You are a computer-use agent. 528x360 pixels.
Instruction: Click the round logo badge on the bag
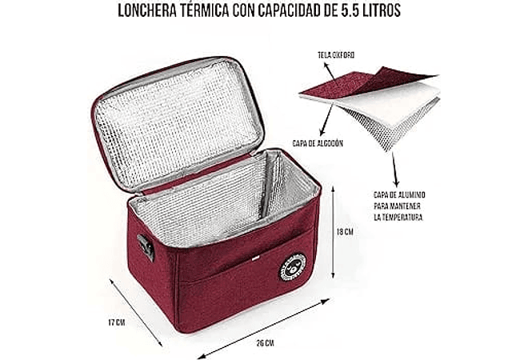(x=290, y=268)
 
